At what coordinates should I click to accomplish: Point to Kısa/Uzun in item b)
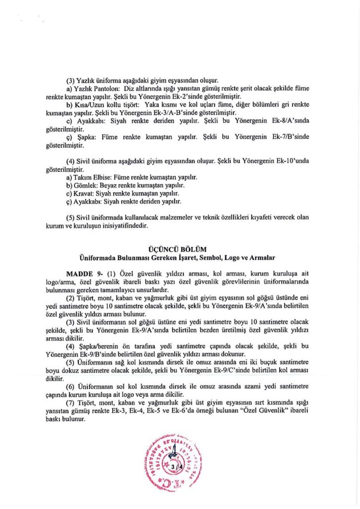pyautogui.click(x=87, y=106)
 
